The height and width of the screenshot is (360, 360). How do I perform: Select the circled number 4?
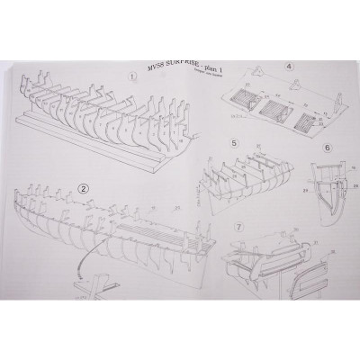click(288, 65)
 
